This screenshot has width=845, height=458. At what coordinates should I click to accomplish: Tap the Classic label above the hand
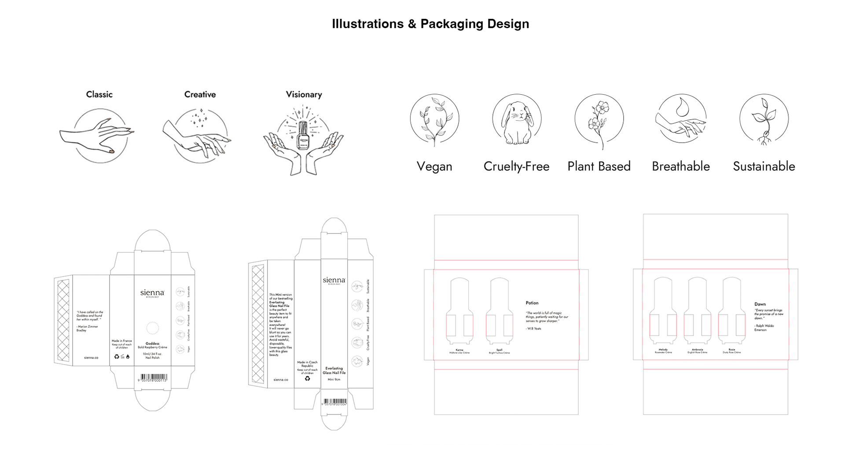point(99,94)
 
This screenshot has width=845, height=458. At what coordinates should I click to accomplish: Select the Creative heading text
point(200,94)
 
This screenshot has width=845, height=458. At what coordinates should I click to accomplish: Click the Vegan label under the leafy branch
point(434,166)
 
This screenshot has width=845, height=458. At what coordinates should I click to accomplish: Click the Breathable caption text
point(681,166)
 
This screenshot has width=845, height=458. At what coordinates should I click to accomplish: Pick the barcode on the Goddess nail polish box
point(152,377)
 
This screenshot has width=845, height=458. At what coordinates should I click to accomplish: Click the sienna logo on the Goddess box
point(152,293)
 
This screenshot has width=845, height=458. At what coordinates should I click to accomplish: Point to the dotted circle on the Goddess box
point(152,328)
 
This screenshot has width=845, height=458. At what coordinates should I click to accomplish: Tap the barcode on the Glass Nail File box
point(334,401)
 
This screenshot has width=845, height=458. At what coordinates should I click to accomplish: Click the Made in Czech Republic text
point(307,364)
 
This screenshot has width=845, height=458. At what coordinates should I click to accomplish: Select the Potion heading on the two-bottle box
point(532,303)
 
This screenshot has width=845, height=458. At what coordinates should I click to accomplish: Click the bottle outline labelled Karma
point(459,311)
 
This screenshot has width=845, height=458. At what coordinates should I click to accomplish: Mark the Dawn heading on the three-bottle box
point(760,304)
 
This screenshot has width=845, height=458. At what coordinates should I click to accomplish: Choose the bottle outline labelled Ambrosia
point(697,311)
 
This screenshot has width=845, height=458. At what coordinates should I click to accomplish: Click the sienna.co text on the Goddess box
point(91,358)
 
